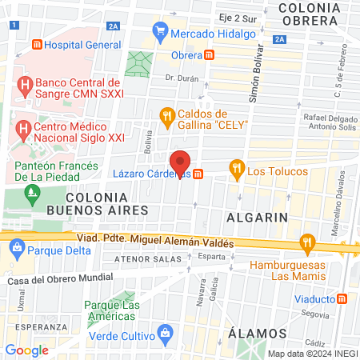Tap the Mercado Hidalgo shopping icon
click(x=160, y=33)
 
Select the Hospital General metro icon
click(x=35, y=46)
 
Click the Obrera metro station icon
click(x=210, y=55)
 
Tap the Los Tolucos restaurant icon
click(x=236, y=170)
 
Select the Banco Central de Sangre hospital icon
click(x=25, y=84)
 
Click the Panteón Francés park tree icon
click(x=32, y=192)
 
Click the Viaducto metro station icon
click(x=342, y=298)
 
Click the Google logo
click(x=27, y=350)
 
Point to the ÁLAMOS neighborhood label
click(x=256, y=333)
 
